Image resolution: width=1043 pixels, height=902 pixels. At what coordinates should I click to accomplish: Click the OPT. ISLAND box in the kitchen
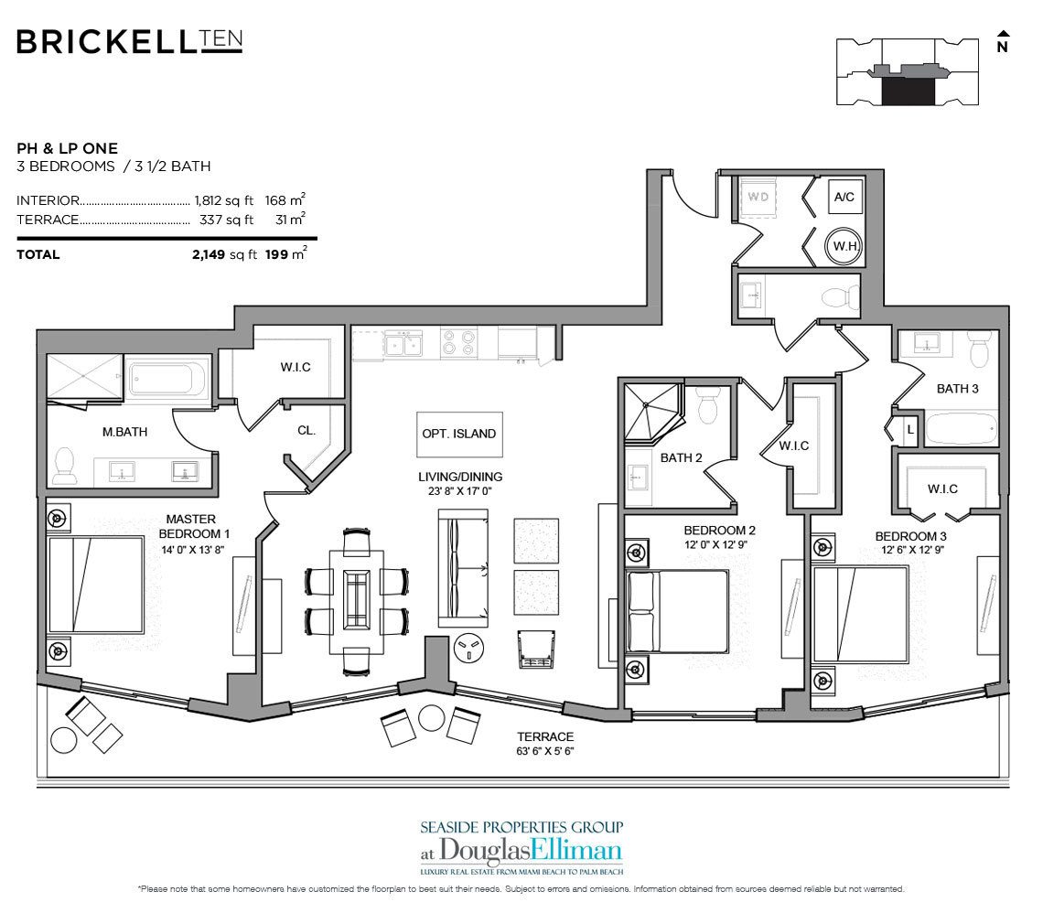click(x=459, y=434)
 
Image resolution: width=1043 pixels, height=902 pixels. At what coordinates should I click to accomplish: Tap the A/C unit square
click(x=844, y=197)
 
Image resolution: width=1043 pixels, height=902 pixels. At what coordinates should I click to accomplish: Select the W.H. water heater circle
click(x=844, y=246)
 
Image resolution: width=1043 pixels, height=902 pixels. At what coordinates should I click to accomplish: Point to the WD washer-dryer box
click(x=758, y=198)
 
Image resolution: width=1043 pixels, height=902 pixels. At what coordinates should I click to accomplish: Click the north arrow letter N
click(x=1003, y=47)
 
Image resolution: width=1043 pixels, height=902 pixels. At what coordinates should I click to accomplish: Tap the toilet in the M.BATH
click(x=65, y=465)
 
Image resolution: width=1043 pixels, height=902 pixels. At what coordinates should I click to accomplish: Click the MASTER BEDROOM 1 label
click(x=193, y=526)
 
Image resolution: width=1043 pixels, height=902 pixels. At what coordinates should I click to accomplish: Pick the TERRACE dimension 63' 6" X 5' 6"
click(x=545, y=751)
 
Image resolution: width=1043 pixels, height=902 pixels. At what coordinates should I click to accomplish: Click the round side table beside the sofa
click(x=469, y=649)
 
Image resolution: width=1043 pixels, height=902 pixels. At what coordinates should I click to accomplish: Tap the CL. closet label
click(x=306, y=430)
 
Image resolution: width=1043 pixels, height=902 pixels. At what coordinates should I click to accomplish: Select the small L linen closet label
click(x=910, y=430)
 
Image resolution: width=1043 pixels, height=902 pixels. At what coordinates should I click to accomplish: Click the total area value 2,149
click(x=209, y=254)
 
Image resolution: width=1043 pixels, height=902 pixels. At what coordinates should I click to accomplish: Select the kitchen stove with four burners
click(x=459, y=343)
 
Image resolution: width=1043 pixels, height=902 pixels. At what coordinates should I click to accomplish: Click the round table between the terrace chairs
click(x=432, y=718)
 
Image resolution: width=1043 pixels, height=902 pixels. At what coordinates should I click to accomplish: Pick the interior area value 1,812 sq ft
click(x=224, y=200)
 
